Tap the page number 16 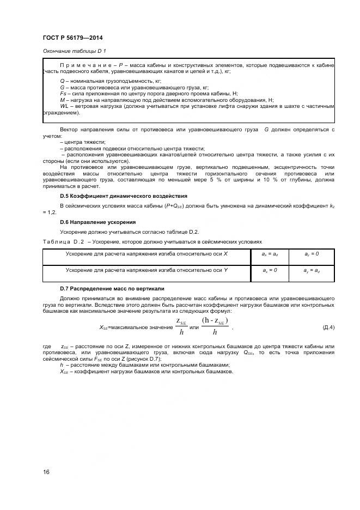[46, 472]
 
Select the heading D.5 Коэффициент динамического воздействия [124, 196]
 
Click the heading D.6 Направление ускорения [97, 222]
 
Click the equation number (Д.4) [328, 327]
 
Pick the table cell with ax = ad [270, 254]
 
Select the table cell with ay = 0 [311, 254]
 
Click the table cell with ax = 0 [270, 270]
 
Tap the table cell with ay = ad [311, 270]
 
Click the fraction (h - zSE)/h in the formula [215, 326]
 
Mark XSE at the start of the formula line [104, 327]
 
